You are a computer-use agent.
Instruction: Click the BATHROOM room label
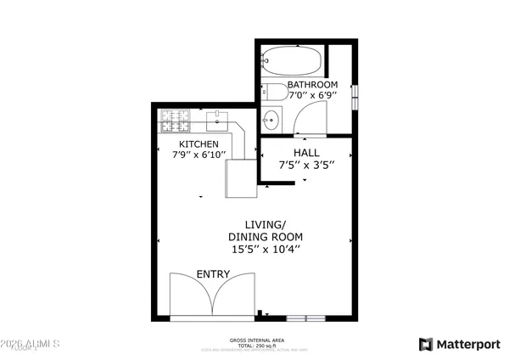(312, 85)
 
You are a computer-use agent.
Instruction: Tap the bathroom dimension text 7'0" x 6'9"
(312, 97)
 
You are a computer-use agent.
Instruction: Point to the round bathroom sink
(271, 119)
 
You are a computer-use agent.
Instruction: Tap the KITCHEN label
(199, 145)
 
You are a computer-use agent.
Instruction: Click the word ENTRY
(213, 274)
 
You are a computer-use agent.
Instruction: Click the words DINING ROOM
(266, 237)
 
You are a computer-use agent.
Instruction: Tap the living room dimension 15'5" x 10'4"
(266, 250)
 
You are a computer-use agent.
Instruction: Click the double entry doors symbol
(212, 297)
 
